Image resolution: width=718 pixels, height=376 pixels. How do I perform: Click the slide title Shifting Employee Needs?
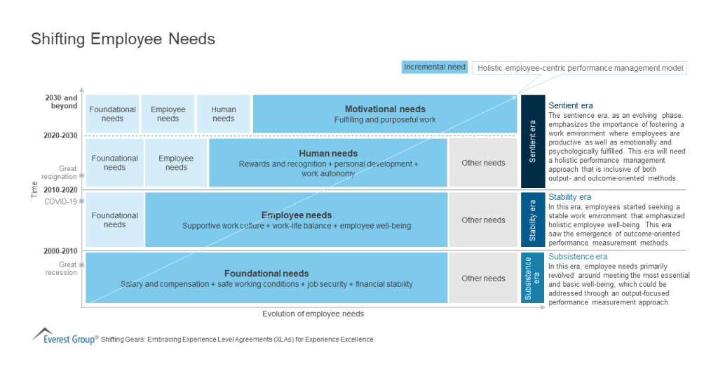point(123,39)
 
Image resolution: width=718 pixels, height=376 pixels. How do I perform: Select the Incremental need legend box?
point(435,67)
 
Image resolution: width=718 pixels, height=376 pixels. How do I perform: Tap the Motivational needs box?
point(384,114)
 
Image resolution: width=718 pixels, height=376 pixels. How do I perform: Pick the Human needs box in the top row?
point(224,114)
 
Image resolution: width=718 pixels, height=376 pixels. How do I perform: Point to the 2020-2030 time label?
point(62,135)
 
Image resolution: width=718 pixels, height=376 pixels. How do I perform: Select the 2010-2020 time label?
point(62,189)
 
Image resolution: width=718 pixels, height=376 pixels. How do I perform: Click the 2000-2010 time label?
point(62,250)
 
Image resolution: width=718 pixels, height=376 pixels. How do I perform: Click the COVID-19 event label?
point(63,201)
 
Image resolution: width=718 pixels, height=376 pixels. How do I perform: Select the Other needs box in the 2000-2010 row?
point(483,278)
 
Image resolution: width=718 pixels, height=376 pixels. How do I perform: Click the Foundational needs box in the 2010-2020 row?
point(114,220)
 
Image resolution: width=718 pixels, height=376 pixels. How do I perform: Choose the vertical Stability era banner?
point(532,220)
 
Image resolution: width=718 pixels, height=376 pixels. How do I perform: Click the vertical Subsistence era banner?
point(532,278)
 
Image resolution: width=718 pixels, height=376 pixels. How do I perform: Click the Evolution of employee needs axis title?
point(313,314)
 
